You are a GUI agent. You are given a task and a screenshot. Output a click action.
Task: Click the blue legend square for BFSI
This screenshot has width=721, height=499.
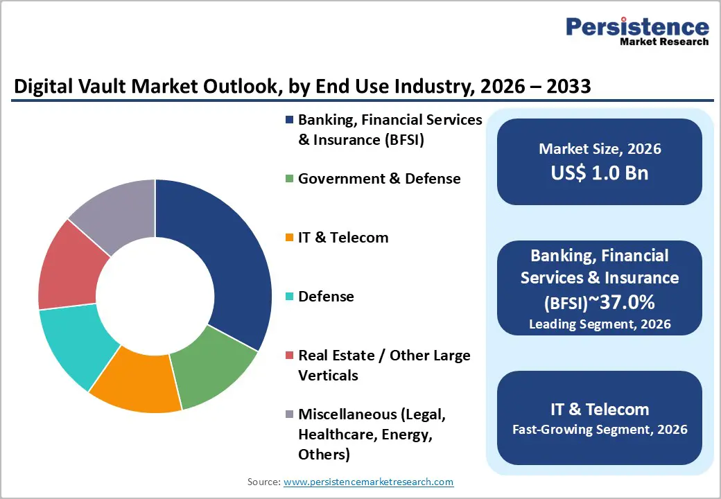coord(289,120)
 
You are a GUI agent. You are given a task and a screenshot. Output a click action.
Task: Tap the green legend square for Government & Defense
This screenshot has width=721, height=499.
coord(289,179)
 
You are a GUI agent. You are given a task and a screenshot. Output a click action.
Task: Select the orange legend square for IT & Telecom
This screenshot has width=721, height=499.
coord(289,238)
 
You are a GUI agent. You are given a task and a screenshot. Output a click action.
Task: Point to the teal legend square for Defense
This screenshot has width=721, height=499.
coord(289,297)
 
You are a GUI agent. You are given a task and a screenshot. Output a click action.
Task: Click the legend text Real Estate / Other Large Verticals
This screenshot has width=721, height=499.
coord(384,365)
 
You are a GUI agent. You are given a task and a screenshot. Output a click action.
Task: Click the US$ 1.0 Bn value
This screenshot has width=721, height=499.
coord(600,173)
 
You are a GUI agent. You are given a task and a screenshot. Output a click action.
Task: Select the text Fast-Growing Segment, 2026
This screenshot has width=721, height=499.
coord(600,430)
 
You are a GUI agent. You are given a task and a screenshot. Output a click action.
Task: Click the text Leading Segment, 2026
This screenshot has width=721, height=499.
coord(600,324)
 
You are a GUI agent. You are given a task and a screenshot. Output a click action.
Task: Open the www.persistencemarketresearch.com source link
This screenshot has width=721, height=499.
coord(368,482)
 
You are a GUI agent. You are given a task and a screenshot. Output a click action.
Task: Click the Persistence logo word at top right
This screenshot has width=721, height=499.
coord(637,27)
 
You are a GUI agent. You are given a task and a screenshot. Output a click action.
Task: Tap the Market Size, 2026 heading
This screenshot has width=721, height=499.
coord(600,149)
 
